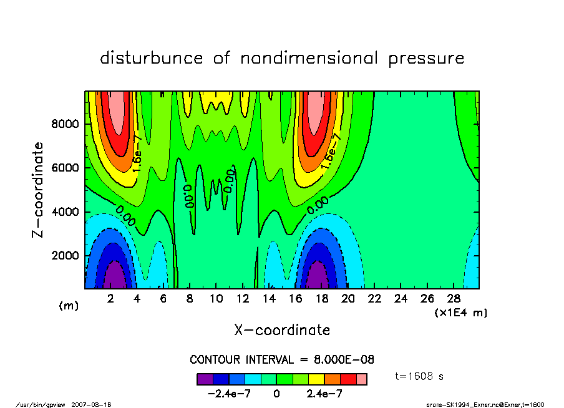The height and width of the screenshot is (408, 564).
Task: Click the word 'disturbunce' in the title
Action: (152, 59)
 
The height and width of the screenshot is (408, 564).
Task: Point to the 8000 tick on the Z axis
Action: (64, 124)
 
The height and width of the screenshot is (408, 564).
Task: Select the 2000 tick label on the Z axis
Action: (64, 256)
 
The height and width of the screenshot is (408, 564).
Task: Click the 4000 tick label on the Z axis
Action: (64, 212)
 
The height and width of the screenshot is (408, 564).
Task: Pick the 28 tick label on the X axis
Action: (454, 299)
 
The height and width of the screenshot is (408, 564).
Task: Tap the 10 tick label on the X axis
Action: (216, 299)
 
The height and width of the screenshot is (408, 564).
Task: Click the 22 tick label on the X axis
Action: (374, 299)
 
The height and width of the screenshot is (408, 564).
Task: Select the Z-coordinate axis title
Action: (38, 189)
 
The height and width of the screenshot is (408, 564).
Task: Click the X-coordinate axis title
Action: (282, 330)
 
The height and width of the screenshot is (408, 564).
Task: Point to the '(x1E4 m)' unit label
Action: (460, 312)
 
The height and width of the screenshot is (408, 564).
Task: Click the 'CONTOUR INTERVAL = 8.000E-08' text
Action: (282, 360)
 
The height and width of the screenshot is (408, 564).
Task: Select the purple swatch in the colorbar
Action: (205, 379)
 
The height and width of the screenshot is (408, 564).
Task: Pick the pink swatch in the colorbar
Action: (361, 379)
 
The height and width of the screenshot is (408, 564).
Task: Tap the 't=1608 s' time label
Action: (419, 377)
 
